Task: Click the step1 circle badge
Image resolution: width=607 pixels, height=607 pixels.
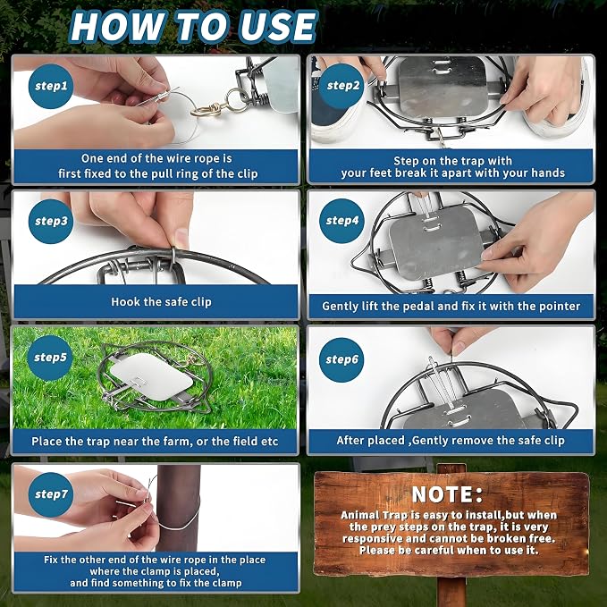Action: tap(51, 86)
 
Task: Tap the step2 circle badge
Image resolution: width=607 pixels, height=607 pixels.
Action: tap(341, 86)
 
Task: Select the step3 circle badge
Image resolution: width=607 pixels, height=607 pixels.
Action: tap(51, 222)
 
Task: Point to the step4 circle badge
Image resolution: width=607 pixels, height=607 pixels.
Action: tap(341, 221)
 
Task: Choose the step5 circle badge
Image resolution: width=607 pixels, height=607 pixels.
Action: tap(50, 358)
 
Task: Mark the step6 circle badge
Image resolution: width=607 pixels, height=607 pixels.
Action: tap(341, 360)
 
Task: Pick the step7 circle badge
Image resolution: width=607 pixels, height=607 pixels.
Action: tap(51, 494)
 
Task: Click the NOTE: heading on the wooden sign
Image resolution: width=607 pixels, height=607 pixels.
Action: tap(448, 494)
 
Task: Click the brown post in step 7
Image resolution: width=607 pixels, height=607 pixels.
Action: tap(179, 508)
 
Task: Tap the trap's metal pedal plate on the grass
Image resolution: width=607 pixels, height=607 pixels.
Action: tap(151, 375)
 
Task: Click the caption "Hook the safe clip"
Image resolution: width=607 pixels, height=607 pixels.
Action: tap(161, 302)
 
